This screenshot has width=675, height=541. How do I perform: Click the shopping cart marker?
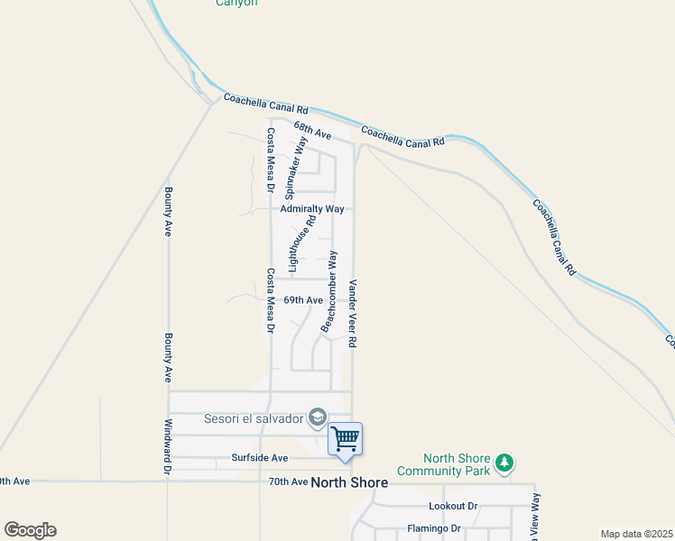click(345, 440)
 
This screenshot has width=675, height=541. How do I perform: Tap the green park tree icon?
click(504, 464)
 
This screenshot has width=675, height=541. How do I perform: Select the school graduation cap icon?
click(317, 417)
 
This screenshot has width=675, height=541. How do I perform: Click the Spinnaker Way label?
click(294, 168)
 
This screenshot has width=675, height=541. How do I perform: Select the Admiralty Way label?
click(312, 208)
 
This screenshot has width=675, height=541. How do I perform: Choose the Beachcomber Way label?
click(330, 292)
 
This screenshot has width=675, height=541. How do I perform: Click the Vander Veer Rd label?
click(354, 313)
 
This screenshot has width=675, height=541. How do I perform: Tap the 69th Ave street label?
click(303, 300)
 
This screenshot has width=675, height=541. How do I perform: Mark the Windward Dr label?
click(168, 446)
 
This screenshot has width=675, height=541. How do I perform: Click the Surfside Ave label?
click(260, 458)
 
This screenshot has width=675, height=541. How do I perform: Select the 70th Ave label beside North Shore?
click(288, 482)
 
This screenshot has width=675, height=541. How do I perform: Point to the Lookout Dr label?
click(453, 507)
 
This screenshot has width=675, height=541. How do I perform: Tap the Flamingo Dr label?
click(434, 528)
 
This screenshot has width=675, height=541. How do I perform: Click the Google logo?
click(30, 530)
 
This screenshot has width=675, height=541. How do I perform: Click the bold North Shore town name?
click(349, 482)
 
